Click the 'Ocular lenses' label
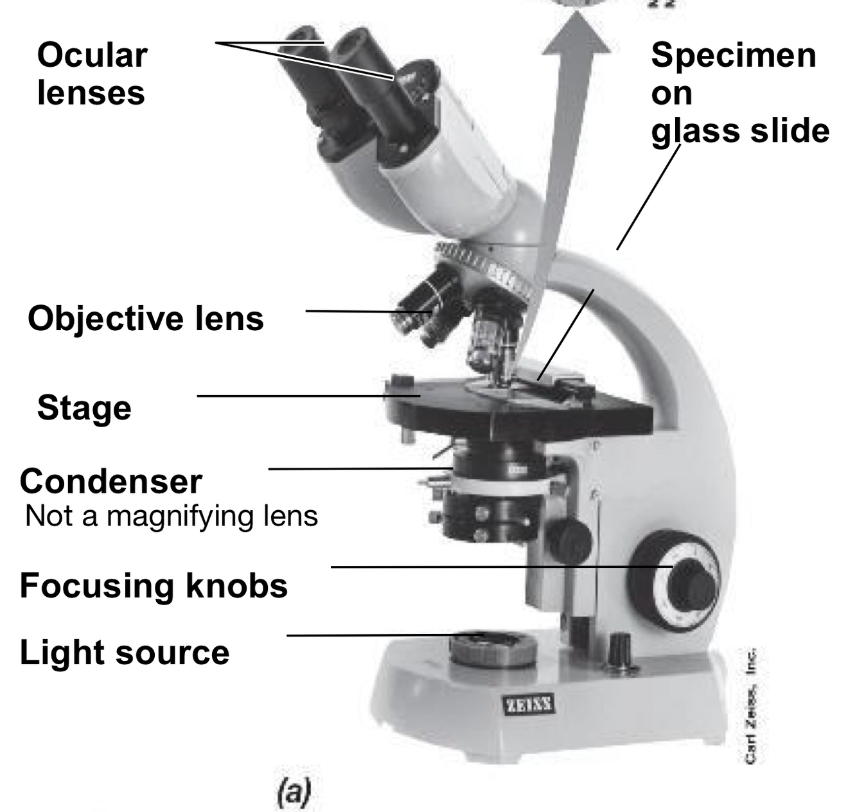(92, 74)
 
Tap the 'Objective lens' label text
(145, 318)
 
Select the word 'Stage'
(84, 408)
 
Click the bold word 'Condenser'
(110, 481)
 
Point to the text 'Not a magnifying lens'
(171, 516)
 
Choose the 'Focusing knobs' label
(154, 586)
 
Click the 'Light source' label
(124, 653)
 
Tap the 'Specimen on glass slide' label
(739, 93)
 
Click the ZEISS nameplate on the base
(529, 705)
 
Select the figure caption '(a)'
(294, 792)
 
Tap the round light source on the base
(493, 648)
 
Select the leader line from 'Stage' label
(308, 396)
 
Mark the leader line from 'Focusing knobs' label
(501, 567)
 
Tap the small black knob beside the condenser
(569, 540)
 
